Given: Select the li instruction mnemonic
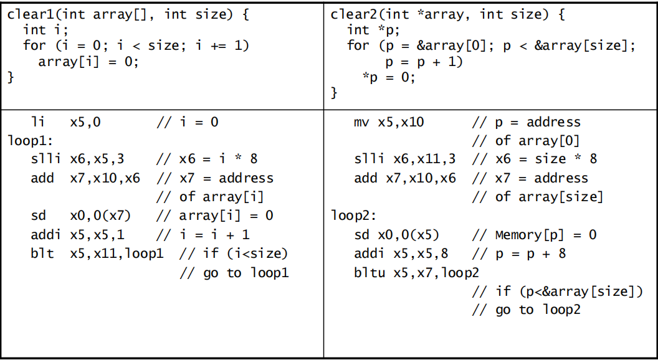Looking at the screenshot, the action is click(39, 122).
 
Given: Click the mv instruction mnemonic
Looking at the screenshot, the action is click(362, 122).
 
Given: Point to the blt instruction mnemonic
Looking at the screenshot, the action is click(42, 253).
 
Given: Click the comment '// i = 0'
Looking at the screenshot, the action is click(187, 122).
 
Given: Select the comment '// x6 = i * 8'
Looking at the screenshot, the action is click(206, 159).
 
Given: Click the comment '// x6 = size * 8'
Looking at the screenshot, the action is click(534, 159).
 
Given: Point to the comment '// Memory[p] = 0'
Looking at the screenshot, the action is click(534, 235).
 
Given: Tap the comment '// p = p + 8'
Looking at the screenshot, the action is click(518, 253).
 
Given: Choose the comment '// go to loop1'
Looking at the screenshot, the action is click(234, 273).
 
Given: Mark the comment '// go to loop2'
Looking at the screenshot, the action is click(527, 310).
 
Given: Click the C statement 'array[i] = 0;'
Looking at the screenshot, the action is click(88, 62).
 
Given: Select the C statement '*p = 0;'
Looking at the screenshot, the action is click(389, 77).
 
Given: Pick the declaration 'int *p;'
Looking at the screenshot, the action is click(373, 31).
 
